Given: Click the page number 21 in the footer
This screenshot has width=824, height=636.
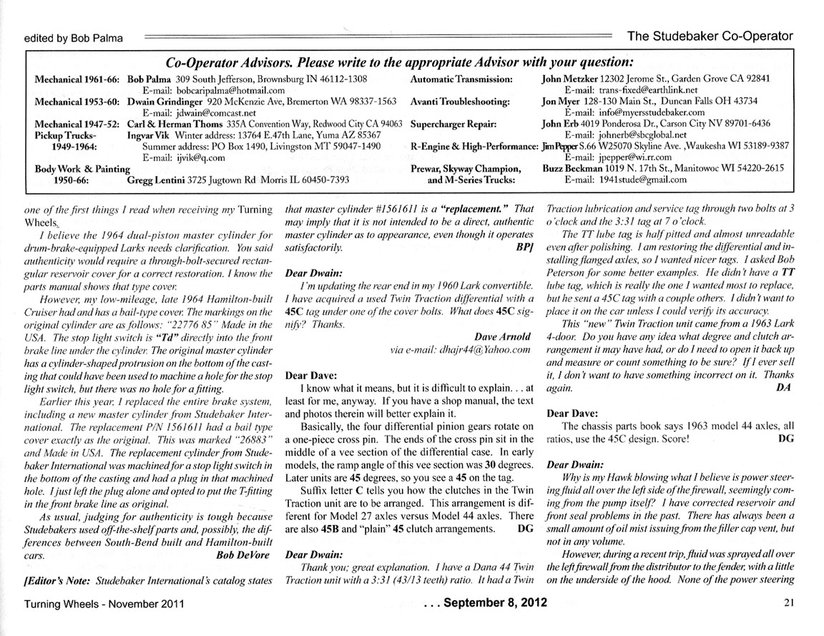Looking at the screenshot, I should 790,603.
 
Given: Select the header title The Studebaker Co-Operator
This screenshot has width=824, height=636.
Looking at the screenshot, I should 709,35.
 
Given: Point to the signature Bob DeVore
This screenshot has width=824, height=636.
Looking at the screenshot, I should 244,554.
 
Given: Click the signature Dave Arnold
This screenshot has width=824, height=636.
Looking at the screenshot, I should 503,336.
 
